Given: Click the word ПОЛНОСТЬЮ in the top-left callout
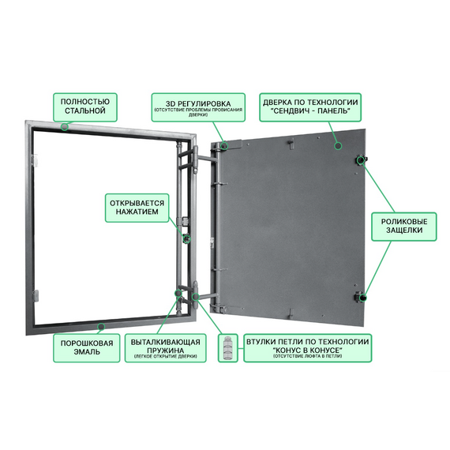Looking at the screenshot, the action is (x=85, y=102).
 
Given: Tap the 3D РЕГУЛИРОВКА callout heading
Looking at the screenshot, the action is (x=198, y=103).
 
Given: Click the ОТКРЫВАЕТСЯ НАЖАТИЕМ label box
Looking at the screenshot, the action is (x=137, y=208).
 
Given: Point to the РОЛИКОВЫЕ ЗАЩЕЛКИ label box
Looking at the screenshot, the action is (x=403, y=227).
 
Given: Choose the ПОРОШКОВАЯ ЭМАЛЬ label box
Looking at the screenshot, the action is (x=86, y=348).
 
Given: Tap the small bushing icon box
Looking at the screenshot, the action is (x=228, y=348).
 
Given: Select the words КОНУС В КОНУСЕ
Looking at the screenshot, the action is (x=307, y=350).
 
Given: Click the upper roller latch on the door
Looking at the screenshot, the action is (x=361, y=159).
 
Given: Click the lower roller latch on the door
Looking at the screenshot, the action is (x=361, y=297).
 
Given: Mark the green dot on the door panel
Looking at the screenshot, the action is (x=339, y=146).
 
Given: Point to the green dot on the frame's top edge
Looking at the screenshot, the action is (x=65, y=126).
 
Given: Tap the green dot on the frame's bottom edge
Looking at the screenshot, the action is (x=101, y=327).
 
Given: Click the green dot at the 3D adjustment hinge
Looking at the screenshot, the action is (x=224, y=146).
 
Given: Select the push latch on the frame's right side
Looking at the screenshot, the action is (x=186, y=238).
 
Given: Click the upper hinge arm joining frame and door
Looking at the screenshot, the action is (x=204, y=158).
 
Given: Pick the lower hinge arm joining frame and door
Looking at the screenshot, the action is (x=204, y=295).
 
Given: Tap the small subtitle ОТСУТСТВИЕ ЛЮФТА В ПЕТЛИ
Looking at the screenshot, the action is (x=307, y=356).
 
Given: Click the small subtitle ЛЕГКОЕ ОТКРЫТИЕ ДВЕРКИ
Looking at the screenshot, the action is (x=165, y=356).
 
